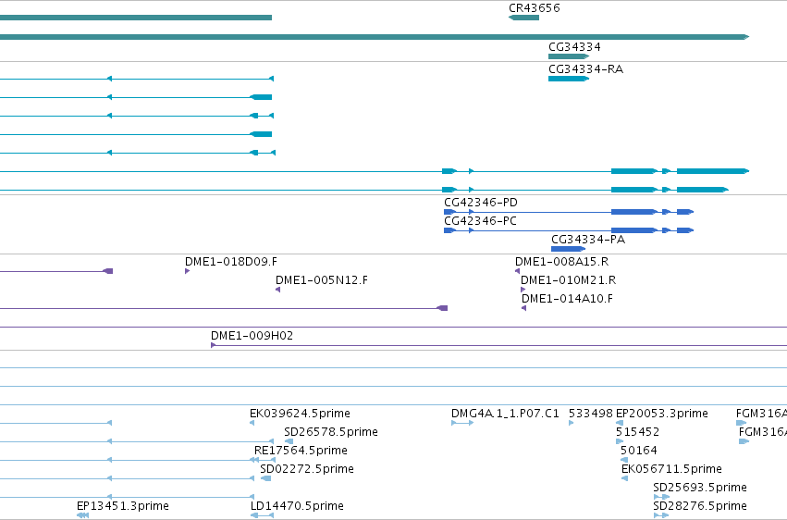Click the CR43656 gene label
pyautogui.click(x=534, y=8)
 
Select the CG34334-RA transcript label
pyautogui.click(x=585, y=69)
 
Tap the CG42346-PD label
pyautogui.click(x=481, y=203)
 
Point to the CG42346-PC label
pyautogui.click(x=480, y=221)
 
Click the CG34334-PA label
pyautogui.click(x=588, y=240)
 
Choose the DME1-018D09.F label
pyautogui.click(x=231, y=262)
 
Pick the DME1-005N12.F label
pyautogui.click(x=322, y=280)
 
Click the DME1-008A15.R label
pyautogui.click(x=561, y=262)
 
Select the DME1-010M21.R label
pyautogui.click(x=568, y=280)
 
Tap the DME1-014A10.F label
pyautogui.click(x=567, y=299)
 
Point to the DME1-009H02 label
pyautogui.click(x=252, y=335)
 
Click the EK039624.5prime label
pyautogui.click(x=301, y=414)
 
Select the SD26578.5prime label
pyautogui.click(x=331, y=432)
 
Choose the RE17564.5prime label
pyautogui.click(x=301, y=451)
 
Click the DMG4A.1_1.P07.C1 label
pyautogui.click(x=505, y=414)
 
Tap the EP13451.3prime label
pyautogui.click(x=123, y=506)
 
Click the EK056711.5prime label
pyautogui.click(x=671, y=469)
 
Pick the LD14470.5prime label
pyautogui.click(x=297, y=506)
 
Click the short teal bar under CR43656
pyautogui.click(x=523, y=18)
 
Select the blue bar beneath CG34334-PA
pyautogui.click(x=568, y=249)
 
